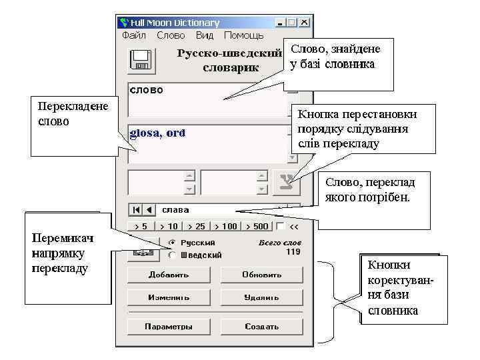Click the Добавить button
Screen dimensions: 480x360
169,274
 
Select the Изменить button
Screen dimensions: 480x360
169,297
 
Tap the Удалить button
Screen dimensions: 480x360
262,297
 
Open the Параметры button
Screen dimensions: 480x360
169,327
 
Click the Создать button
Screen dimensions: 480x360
262,327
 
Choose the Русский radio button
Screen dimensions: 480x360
173,243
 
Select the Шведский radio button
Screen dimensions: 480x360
173,255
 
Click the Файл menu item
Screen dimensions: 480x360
134,35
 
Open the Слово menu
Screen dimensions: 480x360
171,35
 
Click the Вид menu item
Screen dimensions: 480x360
205,35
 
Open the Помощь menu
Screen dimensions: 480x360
243,35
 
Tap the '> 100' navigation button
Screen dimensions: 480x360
225,226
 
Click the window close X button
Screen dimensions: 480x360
304,22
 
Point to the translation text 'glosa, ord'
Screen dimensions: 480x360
157,133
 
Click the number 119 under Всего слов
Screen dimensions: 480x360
293,252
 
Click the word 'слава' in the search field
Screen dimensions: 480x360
176,210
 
